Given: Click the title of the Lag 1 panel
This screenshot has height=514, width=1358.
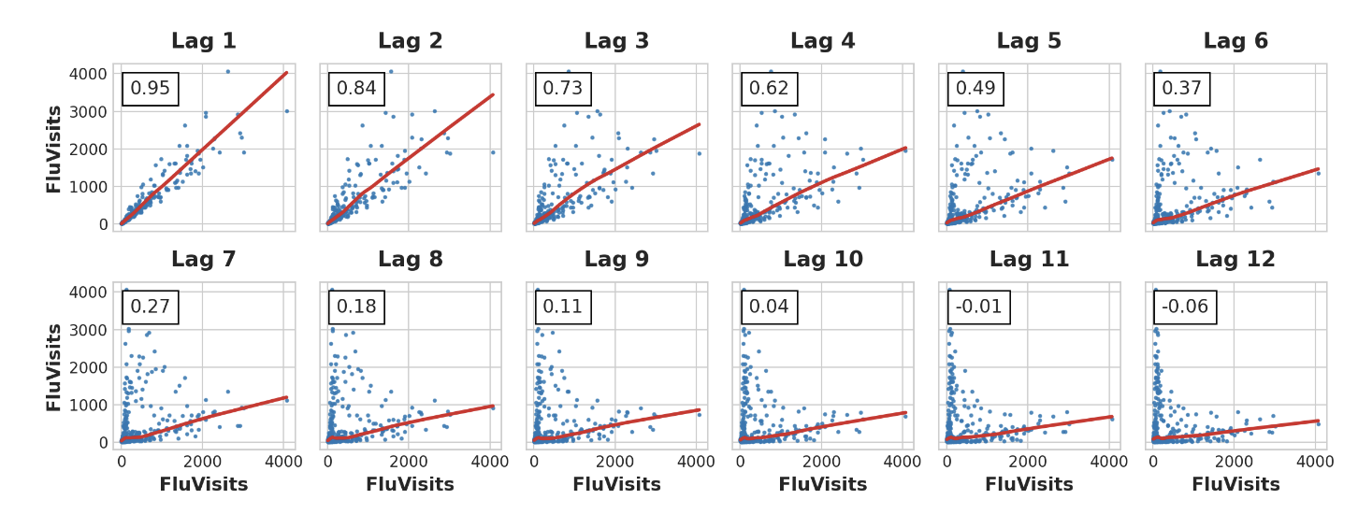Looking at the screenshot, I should tap(203, 42).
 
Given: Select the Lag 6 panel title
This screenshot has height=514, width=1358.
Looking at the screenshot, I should tap(1235, 42).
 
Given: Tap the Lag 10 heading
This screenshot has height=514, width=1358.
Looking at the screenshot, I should tap(823, 260).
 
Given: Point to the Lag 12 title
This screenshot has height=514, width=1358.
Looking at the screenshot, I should tap(1235, 260).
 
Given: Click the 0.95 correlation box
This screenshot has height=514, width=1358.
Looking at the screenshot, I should tap(150, 89).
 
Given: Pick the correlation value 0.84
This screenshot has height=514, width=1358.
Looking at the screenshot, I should tap(356, 89).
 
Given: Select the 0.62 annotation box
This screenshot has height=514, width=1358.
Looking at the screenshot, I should tap(769, 89).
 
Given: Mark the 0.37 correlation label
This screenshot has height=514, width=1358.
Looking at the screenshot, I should tap(1181, 89).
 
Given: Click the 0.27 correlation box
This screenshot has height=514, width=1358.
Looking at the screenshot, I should tap(150, 307).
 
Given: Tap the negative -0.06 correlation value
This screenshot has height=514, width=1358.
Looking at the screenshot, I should tap(1185, 307).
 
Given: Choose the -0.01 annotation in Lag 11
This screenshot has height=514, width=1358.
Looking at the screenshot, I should tap(978, 307).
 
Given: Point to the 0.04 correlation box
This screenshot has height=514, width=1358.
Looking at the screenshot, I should tap(769, 307).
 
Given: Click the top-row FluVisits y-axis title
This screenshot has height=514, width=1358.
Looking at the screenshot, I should tap(54, 149).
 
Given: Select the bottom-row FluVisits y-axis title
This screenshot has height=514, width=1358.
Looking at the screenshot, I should tap(54, 366).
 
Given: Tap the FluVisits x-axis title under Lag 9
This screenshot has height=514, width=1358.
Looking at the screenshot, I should tap(616, 485).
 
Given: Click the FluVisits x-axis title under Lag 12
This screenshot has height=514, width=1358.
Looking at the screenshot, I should tap(1235, 485).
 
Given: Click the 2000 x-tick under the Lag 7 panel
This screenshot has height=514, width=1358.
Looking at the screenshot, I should tap(202, 462).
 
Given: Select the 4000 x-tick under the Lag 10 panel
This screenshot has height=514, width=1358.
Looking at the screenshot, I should tap(903, 462).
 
